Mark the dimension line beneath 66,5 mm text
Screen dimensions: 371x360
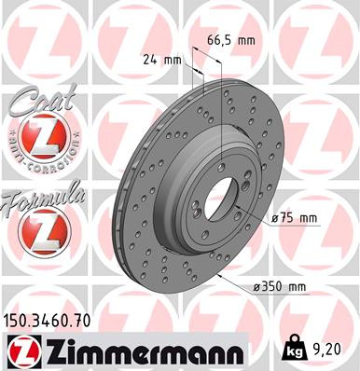point(206,55)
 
